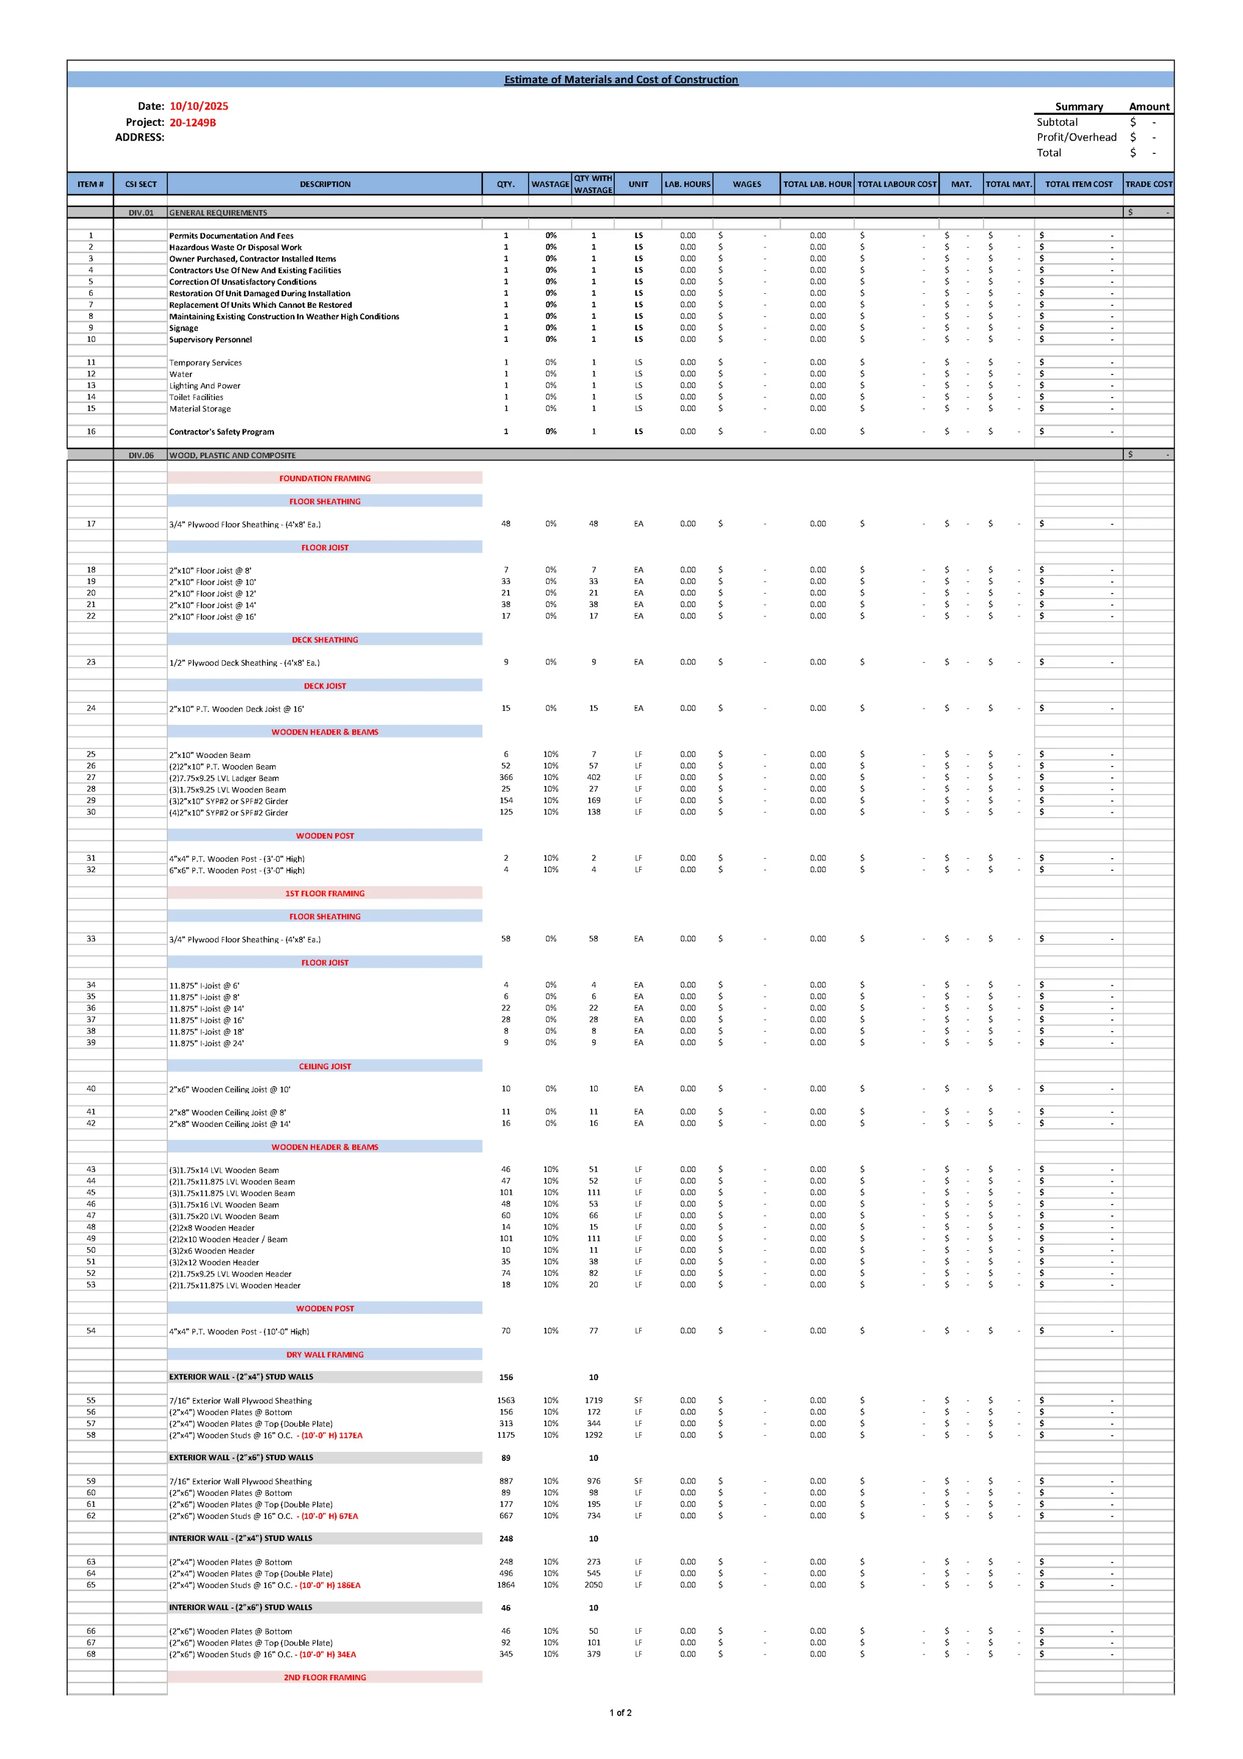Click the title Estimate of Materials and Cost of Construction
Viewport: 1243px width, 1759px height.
(x=620, y=79)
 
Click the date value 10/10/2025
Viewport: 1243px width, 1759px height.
(x=198, y=106)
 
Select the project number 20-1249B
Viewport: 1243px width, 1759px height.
(x=192, y=123)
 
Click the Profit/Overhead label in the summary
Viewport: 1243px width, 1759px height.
(x=1076, y=137)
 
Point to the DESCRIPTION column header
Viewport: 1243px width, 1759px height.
(x=325, y=184)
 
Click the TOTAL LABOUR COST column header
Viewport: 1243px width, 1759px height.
(x=896, y=184)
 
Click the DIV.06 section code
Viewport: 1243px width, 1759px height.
(x=141, y=455)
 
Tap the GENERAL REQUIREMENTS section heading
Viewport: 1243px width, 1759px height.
(x=219, y=213)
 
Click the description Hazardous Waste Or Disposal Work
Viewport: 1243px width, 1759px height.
(x=235, y=247)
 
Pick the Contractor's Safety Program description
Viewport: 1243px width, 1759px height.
(x=222, y=432)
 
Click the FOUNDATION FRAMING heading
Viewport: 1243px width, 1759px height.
(x=325, y=478)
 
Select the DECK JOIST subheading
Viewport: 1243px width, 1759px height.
(x=325, y=686)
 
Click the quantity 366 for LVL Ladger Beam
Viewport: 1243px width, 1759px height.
(x=506, y=778)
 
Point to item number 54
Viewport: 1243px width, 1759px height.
(x=90, y=1331)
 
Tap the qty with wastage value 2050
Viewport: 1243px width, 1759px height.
(x=593, y=1585)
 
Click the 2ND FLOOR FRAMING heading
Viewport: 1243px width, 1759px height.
(x=325, y=1677)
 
